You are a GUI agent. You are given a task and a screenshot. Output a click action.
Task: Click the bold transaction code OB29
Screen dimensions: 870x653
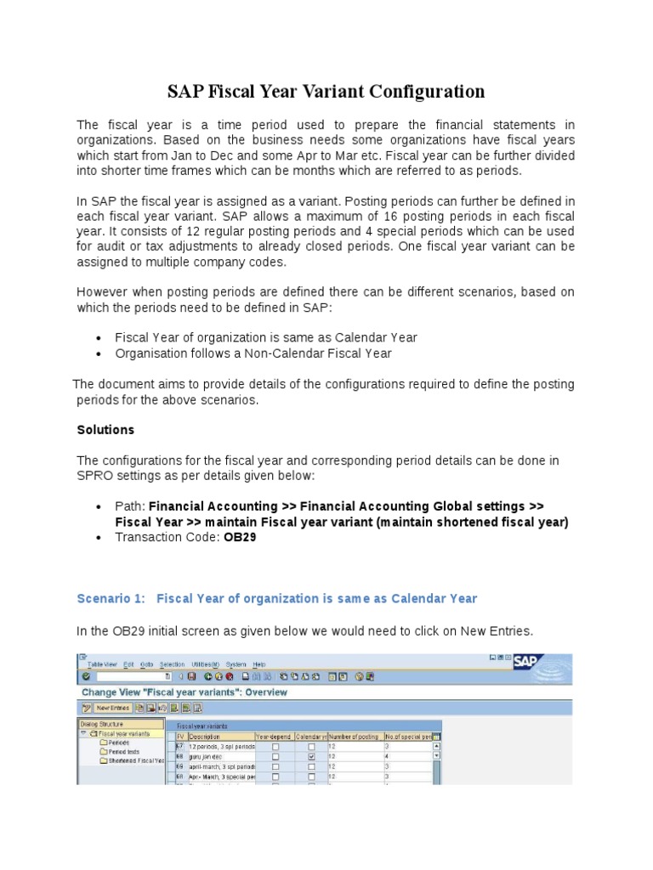[x=240, y=537]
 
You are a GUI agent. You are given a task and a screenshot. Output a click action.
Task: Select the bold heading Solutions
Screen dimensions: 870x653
[x=105, y=430]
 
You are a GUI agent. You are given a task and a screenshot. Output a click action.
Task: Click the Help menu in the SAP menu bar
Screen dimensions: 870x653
[x=258, y=664]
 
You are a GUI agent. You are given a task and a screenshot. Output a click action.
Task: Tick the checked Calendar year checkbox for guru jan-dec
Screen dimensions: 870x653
[x=311, y=755]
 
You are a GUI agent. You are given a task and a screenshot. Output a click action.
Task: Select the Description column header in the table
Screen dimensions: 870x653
[x=206, y=736]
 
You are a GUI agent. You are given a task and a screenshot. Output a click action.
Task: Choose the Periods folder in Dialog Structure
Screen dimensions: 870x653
[x=118, y=742]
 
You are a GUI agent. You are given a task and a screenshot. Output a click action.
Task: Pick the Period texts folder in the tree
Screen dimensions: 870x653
[x=122, y=751]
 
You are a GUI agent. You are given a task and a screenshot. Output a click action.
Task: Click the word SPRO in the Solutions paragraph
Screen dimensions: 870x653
[x=94, y=476]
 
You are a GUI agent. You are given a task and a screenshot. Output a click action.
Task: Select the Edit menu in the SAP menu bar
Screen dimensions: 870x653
[x=128, y=664]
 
